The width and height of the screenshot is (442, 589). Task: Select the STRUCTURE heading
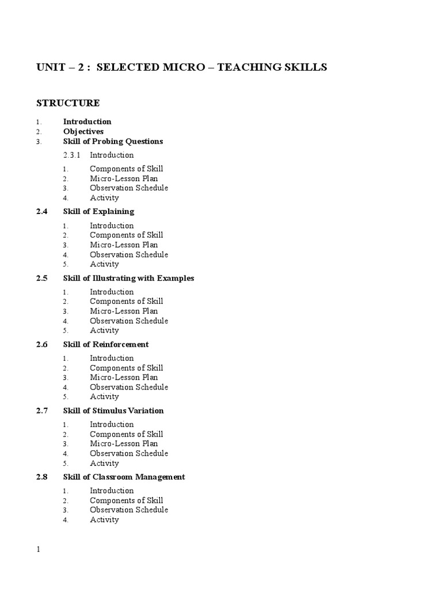(68, 103)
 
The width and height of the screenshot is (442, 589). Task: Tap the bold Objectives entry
(83, 131)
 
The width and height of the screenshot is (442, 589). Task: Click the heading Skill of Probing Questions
(113, 141)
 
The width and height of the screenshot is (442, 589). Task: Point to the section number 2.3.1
(73, 155)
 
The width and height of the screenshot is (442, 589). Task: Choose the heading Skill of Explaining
(98, 211)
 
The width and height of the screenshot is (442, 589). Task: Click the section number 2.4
(41, 211)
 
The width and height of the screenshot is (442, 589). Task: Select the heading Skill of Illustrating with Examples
(128, 278)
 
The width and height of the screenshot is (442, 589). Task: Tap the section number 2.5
(41, 278)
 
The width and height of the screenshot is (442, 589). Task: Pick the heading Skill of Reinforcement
(106, 344)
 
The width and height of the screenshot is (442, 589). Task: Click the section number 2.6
(41, 344)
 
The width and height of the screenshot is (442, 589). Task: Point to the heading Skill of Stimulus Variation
(113, 410)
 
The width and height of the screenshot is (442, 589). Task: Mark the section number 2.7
(41, 410)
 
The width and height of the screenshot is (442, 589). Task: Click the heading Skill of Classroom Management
(124, 477)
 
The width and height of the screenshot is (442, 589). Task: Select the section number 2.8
(41, 477)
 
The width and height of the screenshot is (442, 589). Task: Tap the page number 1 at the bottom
(39, 549)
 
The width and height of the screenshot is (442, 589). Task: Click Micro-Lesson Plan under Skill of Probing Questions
(124, 178)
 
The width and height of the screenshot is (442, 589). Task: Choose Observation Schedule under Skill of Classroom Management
(129, 510)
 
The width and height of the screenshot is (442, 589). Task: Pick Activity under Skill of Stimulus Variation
(104, 463)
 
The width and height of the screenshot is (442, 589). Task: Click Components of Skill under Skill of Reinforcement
(126, 368)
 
